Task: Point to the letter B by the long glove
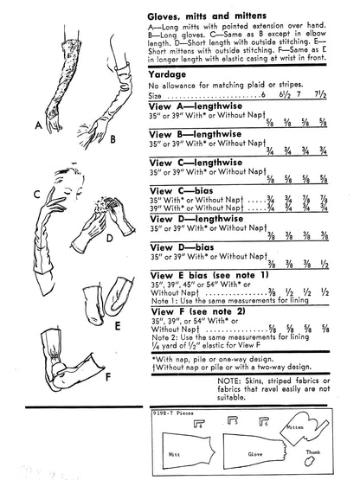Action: pyautogui.click(x=113, y=138)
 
